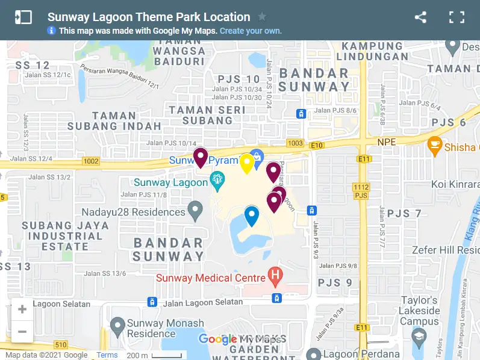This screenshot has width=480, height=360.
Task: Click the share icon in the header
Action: tap(420, 17)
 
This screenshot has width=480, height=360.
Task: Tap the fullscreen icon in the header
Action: tap(457, 17)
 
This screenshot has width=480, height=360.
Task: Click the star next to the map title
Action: tap(262, 17)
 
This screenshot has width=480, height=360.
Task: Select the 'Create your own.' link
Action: tap(251, 31)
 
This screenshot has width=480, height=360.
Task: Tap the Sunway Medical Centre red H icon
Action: tap(275, 278)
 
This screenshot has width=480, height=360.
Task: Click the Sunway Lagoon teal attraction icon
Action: tap(217, 179)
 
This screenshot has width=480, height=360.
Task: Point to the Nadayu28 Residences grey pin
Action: tap(195, 211)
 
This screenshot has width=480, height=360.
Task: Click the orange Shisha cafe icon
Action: tap(434, 145)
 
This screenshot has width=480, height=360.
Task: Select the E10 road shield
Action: tap(316, 145)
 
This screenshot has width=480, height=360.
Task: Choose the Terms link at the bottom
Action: tap(107, 355)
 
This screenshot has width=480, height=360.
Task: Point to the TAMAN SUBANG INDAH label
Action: tap(114, 121)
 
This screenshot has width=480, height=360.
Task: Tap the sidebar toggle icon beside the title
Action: tap(23, 17)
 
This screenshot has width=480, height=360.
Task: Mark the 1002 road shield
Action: tap(92, 161)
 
